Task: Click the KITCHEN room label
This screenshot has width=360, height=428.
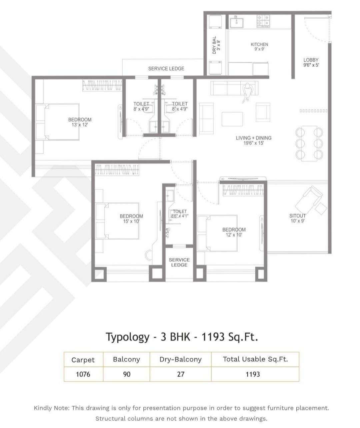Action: coord(259,46)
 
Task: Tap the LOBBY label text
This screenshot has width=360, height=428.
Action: coord(311,62)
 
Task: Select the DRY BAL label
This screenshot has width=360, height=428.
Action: coord(216,45)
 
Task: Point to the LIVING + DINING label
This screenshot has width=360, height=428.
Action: coord(253,140)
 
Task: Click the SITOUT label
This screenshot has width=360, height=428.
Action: coord(297,218)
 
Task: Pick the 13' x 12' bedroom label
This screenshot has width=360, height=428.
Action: coord(80,122)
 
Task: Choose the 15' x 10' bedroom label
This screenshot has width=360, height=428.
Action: coord(131,219)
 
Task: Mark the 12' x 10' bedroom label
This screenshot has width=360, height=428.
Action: coord(234,232)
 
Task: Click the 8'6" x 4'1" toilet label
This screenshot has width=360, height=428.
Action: coord(180,213)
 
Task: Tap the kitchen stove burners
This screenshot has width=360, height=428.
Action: coord(263,21)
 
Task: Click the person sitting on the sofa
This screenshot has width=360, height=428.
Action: coord(247,91)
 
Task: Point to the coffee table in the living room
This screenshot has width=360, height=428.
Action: coord(232,119)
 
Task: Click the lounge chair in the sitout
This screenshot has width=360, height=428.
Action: coord(309,198)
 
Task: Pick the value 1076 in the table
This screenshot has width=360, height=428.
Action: coord(83,374)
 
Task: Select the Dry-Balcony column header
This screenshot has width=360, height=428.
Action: coord(180,359)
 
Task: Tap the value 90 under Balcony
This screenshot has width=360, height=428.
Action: coord(126,374)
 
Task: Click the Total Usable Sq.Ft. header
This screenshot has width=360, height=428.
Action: coord(255,359)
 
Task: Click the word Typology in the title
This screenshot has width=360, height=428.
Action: coord(128,337)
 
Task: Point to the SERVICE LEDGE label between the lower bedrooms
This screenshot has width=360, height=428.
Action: coord(179,262)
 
